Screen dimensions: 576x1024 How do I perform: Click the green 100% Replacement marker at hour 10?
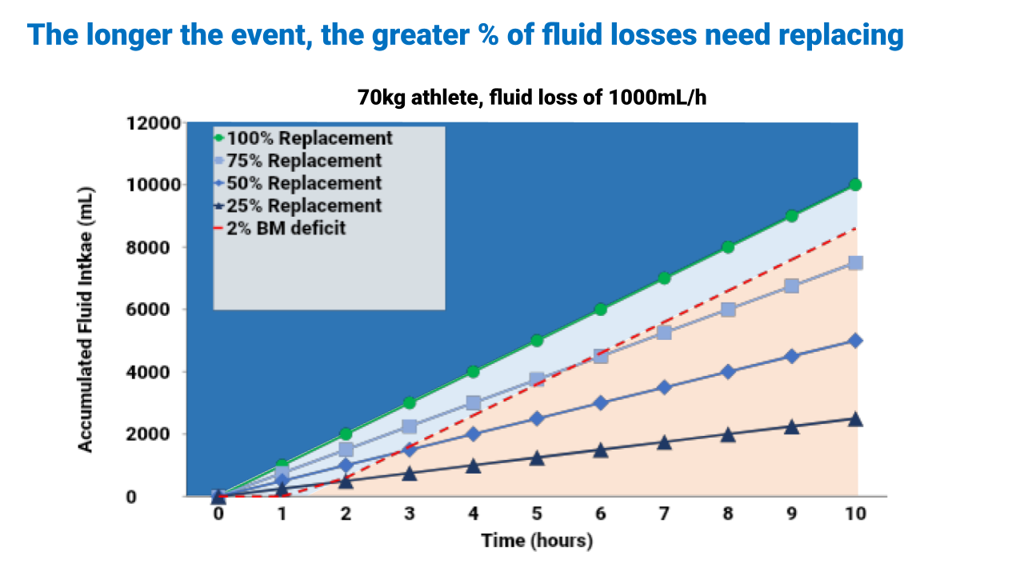855,185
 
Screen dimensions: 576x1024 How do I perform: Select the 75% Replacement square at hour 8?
728,310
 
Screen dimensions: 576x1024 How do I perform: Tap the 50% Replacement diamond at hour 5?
537,418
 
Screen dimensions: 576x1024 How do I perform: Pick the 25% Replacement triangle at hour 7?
664,442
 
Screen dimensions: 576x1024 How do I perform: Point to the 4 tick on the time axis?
473,514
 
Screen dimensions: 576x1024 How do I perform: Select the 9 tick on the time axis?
791,514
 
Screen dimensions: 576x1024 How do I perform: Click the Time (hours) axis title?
537,541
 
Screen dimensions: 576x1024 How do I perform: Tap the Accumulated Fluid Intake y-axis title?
86,320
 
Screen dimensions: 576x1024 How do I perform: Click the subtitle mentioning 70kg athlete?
532,98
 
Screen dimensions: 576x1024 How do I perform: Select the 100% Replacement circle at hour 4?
473,372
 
